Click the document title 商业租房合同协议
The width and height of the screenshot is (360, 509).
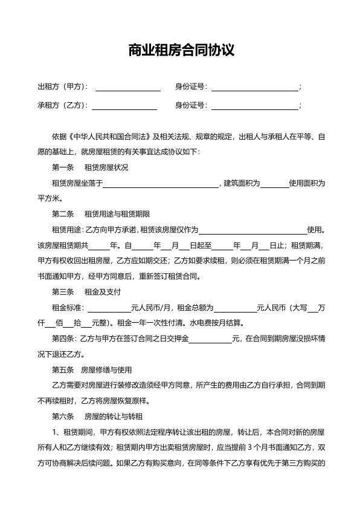180,50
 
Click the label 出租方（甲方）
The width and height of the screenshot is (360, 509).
63,87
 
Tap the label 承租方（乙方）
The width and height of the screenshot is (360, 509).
63,105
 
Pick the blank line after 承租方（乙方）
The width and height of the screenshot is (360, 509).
124,106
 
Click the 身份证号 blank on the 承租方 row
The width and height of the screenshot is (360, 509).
254,106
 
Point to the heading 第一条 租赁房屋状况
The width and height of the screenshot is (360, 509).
90,167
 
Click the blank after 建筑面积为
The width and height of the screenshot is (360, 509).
275,184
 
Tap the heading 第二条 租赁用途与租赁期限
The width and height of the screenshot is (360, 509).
100,214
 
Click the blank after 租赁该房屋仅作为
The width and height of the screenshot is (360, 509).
253,230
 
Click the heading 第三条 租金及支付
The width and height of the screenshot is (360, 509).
86,292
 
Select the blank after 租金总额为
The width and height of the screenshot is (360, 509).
236,308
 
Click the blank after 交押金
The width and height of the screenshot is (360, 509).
210,339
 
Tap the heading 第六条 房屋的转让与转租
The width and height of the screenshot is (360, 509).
97,417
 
